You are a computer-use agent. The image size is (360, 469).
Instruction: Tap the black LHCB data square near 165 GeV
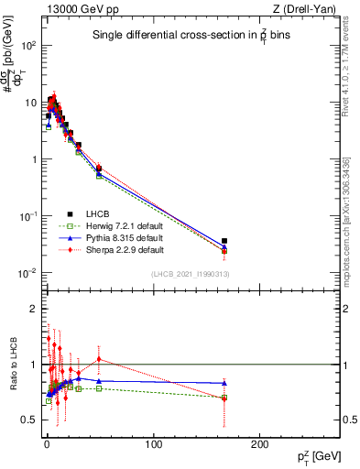click(x=224, y=241)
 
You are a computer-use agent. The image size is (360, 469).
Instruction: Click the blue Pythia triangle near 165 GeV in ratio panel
click(x=224, y=383)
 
